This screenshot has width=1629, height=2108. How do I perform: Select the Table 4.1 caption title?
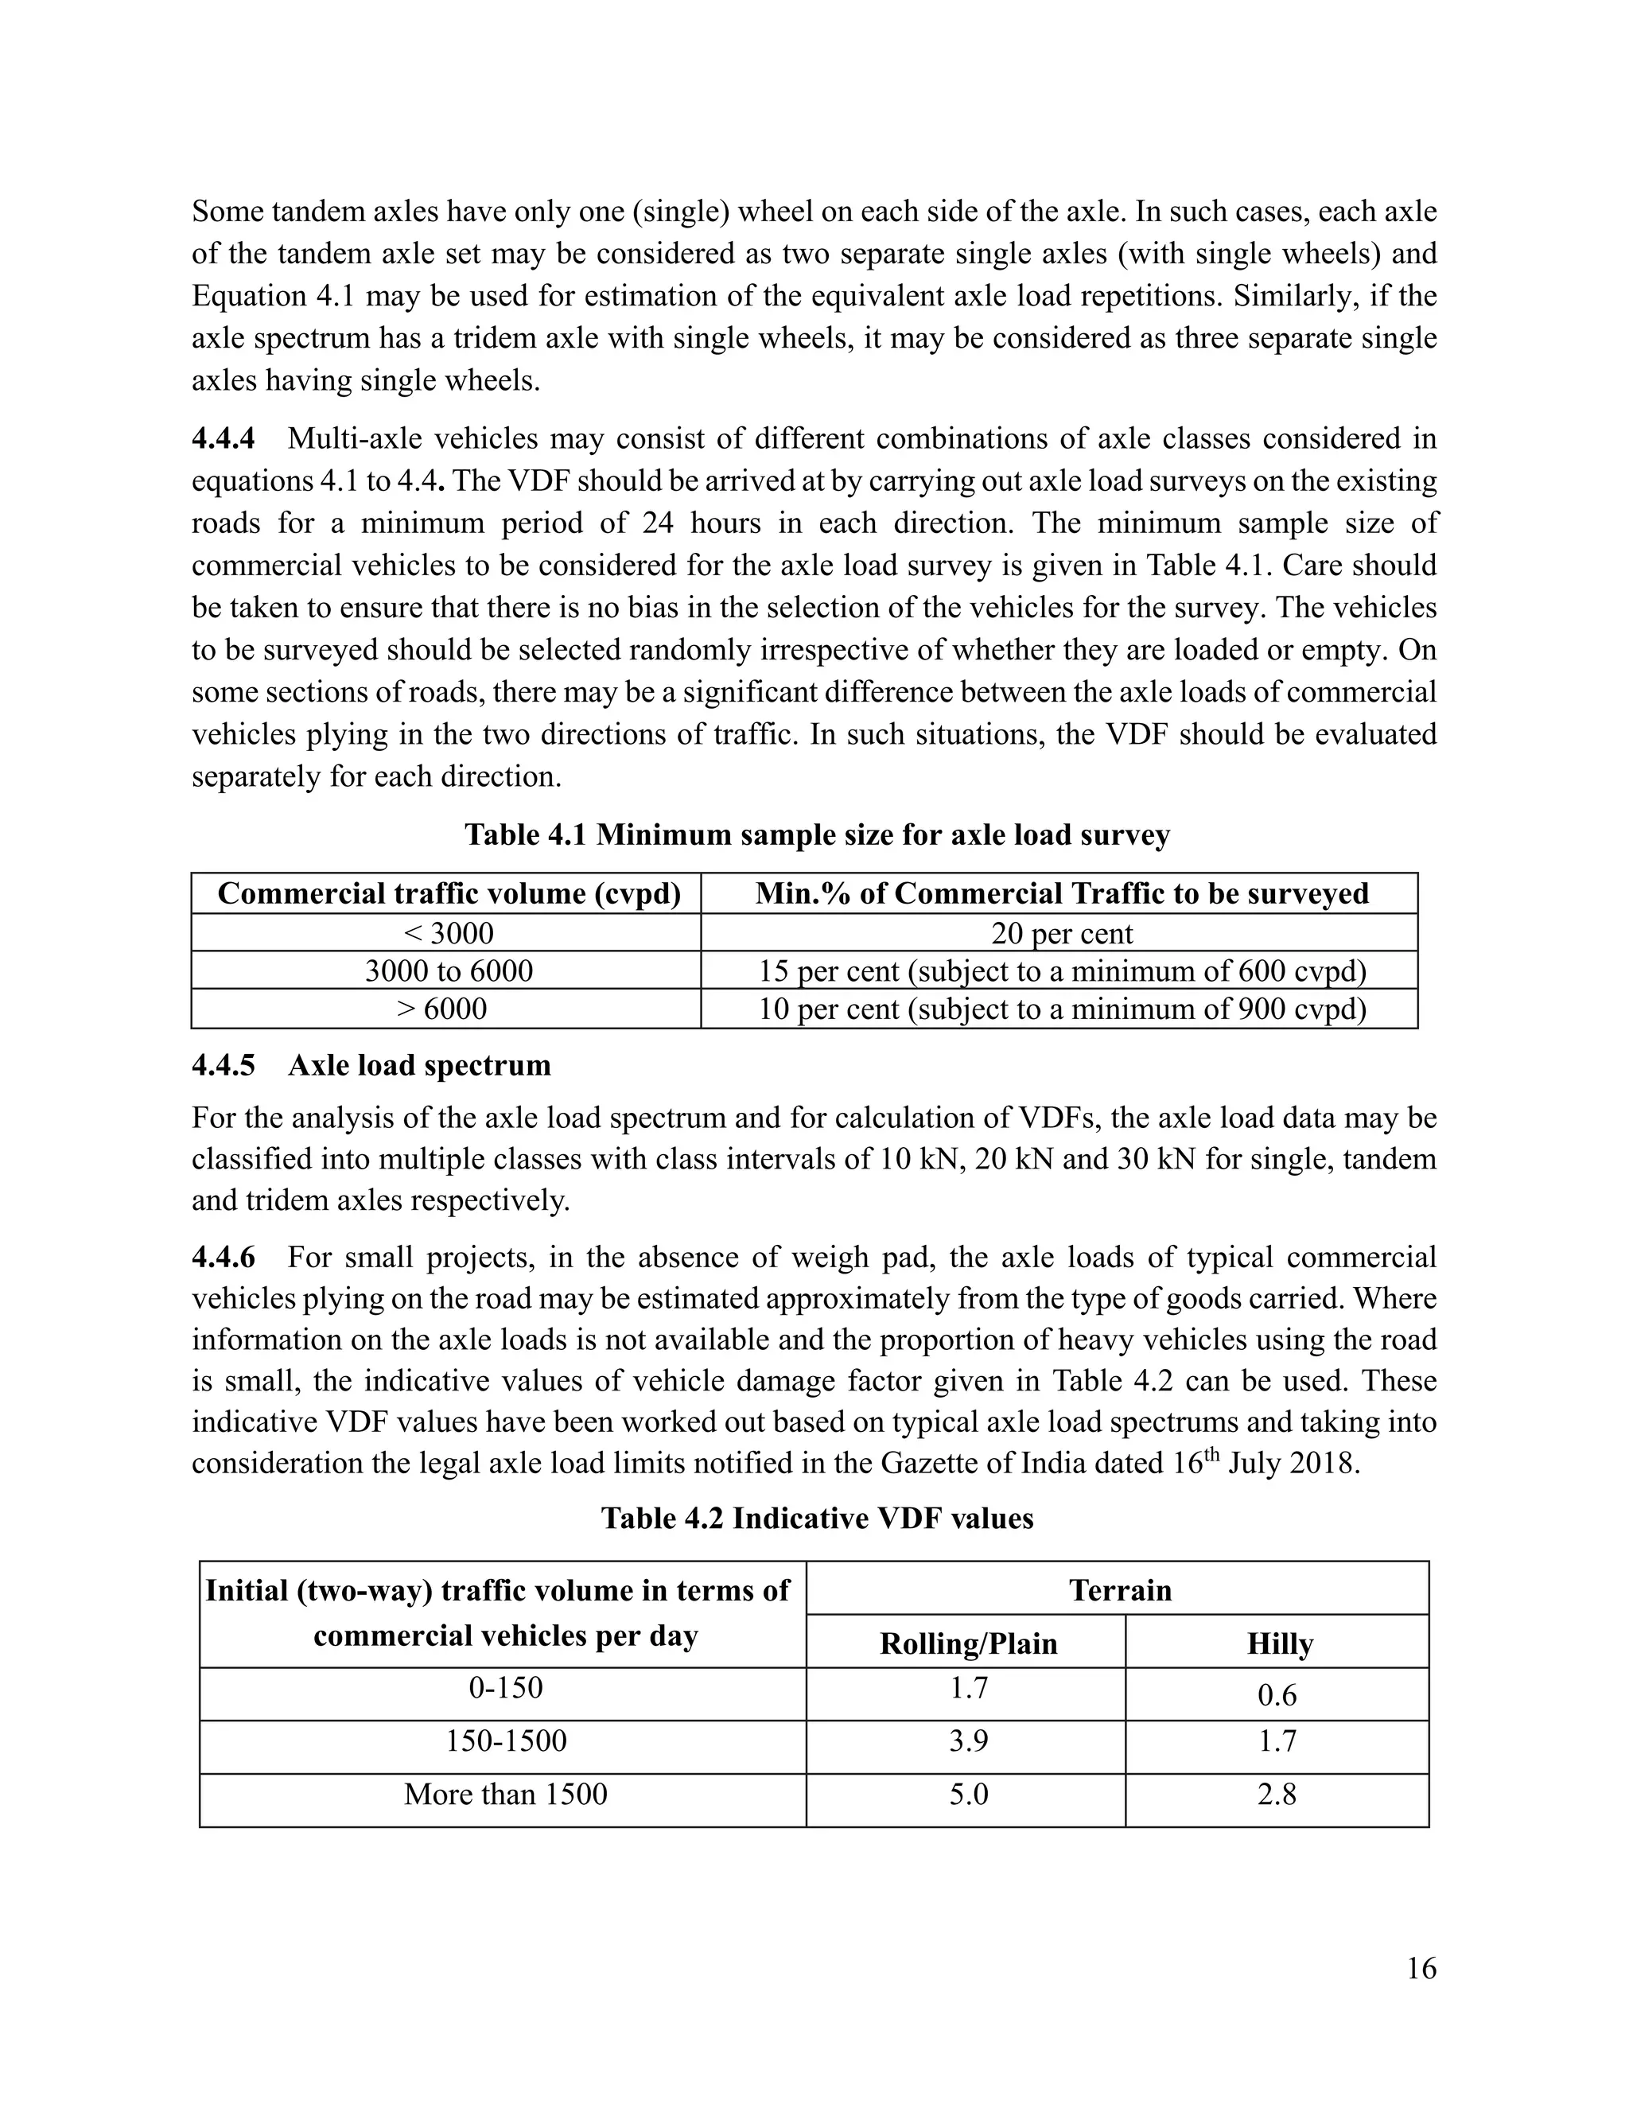816,835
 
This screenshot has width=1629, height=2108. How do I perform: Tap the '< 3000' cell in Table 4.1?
448,933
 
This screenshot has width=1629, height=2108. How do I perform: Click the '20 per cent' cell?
1060,933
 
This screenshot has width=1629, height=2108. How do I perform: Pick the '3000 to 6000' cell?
448,971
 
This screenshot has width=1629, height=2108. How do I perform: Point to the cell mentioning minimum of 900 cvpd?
1060,1009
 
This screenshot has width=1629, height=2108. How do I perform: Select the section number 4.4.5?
224,1066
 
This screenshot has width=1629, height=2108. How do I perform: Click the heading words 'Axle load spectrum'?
419,1066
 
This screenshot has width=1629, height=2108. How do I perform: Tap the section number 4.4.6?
224,1257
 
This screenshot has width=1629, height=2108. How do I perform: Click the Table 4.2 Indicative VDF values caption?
816,1519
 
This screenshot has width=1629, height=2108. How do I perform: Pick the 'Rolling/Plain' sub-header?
968,1643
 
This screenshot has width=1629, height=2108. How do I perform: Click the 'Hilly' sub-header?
1279,1643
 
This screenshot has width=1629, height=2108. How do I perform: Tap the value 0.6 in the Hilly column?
1276,1695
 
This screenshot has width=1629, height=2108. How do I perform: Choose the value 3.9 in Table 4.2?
968,1741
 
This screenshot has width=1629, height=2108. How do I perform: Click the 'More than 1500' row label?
505,1795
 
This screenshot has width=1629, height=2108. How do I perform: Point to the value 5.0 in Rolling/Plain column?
968,1795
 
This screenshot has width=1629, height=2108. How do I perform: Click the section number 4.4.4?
224,439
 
